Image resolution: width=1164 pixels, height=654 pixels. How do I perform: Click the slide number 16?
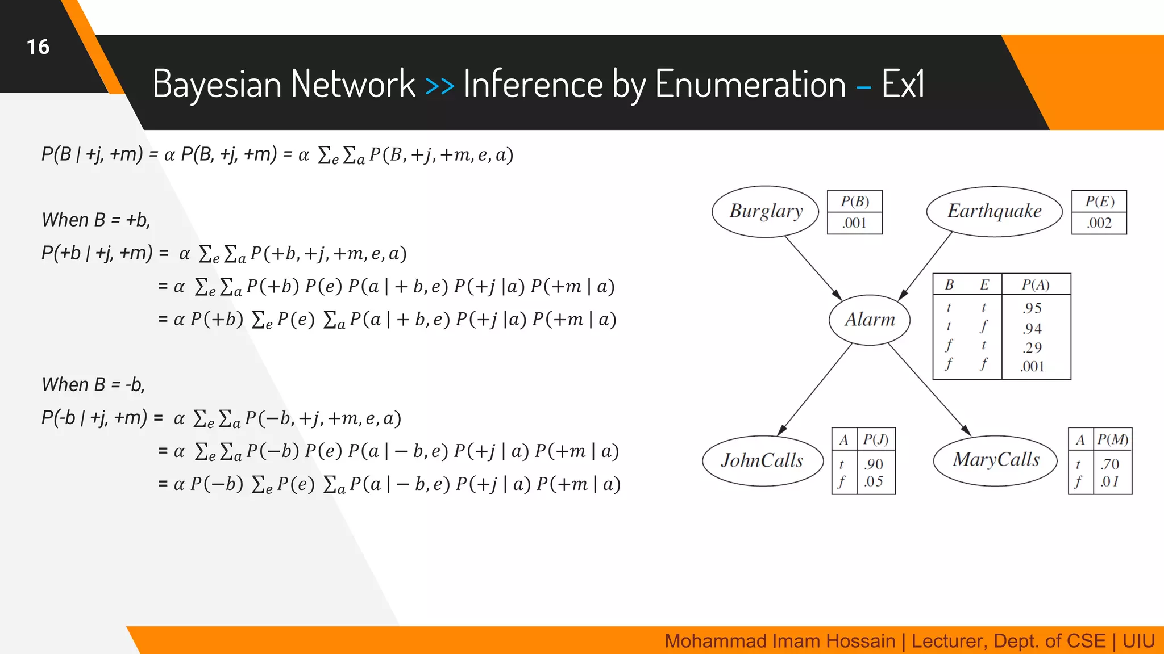point(38,47)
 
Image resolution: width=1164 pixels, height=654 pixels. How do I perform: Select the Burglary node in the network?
point(765,211)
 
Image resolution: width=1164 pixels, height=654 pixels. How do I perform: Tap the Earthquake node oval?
point(994,211)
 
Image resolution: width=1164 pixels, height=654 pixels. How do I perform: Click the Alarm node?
point(870,320)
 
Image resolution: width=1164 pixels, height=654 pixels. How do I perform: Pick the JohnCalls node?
point(762,460)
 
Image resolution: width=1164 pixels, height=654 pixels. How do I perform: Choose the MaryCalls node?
point(996,460)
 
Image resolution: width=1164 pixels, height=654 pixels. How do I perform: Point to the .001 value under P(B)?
point(854,223)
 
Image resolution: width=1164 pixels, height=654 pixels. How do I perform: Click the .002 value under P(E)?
point(1099,223)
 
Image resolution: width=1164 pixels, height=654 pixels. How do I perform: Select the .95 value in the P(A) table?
point(1032,308)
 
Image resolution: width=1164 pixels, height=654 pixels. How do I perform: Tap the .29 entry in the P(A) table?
point(1032,347)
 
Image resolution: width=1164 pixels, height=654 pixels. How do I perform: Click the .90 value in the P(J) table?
point(874,464)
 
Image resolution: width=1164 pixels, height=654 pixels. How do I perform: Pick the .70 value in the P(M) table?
point(1109,464)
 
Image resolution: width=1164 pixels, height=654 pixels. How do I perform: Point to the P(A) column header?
point(1036,284)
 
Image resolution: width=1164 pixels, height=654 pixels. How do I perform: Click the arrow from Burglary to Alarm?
point(813,268)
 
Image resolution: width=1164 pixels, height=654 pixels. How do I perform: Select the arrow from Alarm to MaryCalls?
point(929,389)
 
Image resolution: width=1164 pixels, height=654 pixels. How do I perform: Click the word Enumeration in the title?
point(750,84)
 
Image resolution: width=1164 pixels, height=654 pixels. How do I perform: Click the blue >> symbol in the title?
point(439,86)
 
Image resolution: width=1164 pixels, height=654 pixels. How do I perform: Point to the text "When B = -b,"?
point(93,385)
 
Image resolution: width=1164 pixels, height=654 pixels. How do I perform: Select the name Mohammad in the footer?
point(702,641)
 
